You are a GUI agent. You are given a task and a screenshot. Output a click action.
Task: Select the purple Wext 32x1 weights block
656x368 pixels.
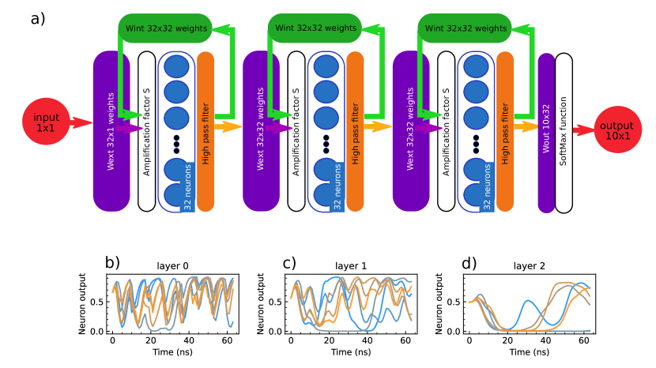[x=110, y=130]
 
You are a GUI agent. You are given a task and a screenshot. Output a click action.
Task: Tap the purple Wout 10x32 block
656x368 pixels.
[x=546, y=133]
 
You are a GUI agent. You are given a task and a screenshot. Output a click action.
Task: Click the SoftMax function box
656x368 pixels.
[x=564, y=133]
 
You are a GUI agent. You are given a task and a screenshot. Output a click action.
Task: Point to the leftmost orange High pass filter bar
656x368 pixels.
[x=206, y=130]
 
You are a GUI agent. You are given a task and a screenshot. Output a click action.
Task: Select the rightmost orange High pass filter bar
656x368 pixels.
[x=506, y=130]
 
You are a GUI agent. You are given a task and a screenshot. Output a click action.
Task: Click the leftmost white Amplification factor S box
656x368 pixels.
[x=146, y=130]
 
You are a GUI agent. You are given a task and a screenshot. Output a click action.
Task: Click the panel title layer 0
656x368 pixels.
[x=173, y=265]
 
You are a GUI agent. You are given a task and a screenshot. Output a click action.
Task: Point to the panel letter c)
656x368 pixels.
[x=289, y=262]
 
